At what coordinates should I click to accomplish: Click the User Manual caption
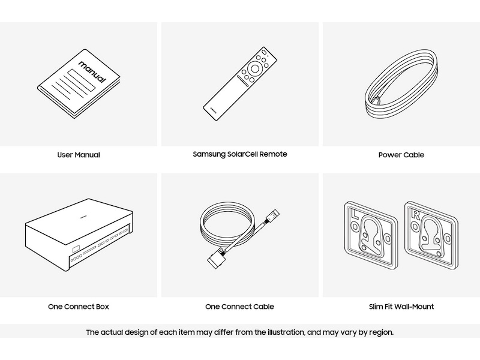coord(79,155)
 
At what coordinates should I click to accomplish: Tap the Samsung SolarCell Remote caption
coord(239,154)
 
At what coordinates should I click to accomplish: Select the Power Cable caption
coord(401,155)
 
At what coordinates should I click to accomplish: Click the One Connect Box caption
coord(79,307)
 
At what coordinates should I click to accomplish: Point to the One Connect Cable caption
coord(239,307)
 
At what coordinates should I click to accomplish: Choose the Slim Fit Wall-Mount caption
coord(401,307)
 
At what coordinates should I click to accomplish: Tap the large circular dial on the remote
coord(254,68)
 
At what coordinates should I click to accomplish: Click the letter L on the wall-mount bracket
coord(356,214)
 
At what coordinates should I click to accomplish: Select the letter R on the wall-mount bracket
coord(415,215)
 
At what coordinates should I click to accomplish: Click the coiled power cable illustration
coord(401,83)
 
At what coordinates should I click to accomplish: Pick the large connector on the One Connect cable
coord(217,259)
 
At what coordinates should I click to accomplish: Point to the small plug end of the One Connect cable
coord(273,215)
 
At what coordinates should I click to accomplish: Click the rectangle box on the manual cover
coord(82,80)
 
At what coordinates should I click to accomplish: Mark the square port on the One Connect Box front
coord(76,248)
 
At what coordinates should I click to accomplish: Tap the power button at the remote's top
coord(263,52)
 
